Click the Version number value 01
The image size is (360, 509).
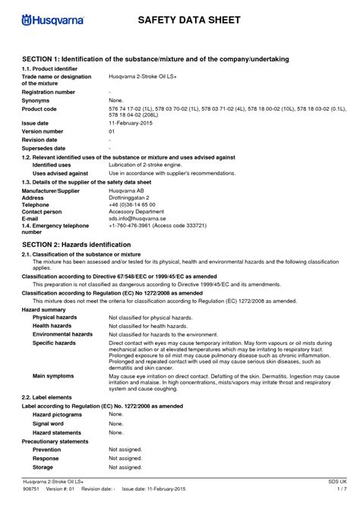(112, 131)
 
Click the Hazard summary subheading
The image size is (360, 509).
(43, 310)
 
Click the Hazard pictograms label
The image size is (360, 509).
(58, 415)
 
